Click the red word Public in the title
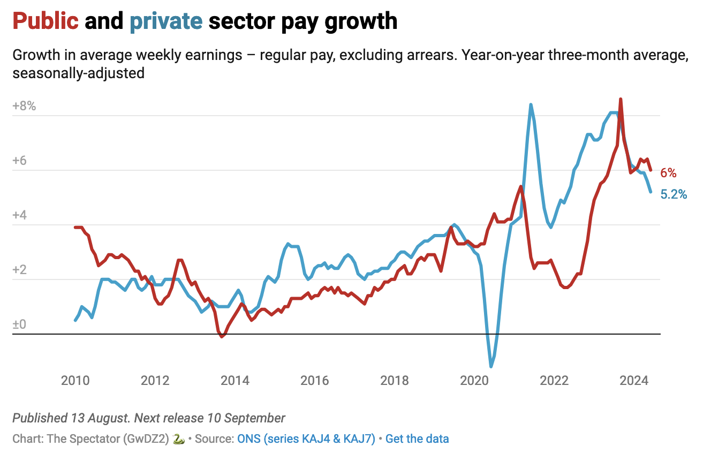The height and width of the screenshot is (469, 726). [46, 21]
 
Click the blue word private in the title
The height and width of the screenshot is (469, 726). [166, 21]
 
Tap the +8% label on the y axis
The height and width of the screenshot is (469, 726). [24, 106]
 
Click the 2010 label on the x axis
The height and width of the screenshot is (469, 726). [75, 381]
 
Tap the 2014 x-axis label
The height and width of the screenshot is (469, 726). [235, 381]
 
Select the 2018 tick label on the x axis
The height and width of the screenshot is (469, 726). [394, 381]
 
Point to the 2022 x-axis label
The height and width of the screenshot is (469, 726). [554, 381]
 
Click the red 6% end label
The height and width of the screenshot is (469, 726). [668, 173]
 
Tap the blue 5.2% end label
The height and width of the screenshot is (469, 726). [674, 195]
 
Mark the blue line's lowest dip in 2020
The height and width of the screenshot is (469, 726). [491, 367]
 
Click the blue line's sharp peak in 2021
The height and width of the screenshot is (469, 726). [531, 104]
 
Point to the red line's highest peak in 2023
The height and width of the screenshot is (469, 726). [621, 99]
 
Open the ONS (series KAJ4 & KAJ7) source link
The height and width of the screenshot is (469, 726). [306, 439]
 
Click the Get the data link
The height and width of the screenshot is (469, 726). [417, 439]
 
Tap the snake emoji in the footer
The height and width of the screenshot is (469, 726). [179, 439]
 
